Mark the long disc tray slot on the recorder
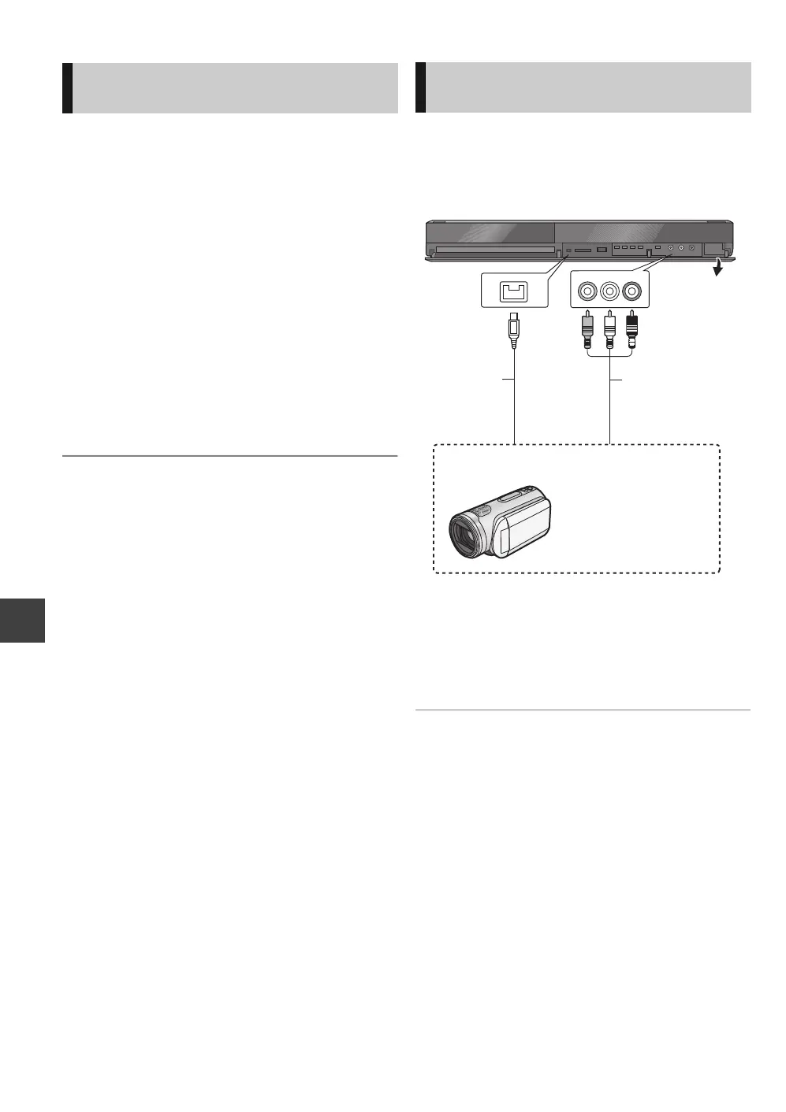(x=495, y=249)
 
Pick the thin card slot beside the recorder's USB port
(x=583, y=250)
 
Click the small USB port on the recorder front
(x=602, y=250)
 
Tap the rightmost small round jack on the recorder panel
(x=691, y=249)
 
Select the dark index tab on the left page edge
(x=22, y=620)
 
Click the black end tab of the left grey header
(x=67, y=88)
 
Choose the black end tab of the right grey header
(x=420, y=87)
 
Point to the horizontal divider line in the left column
(x=229, y=456)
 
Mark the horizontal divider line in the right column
(x=583, y=710)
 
